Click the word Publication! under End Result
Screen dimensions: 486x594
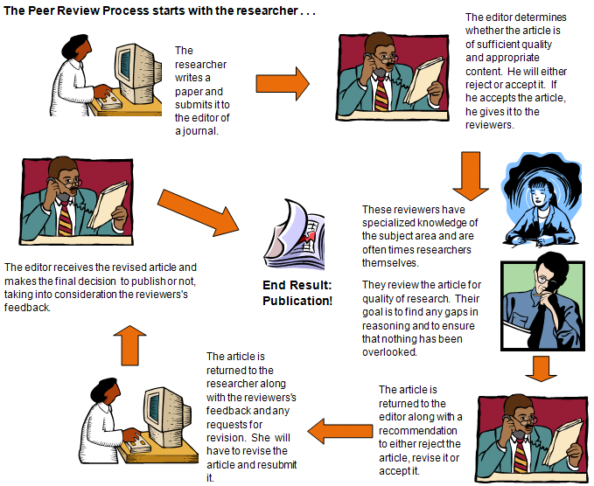pyautogui.click(x=297, y=301)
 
